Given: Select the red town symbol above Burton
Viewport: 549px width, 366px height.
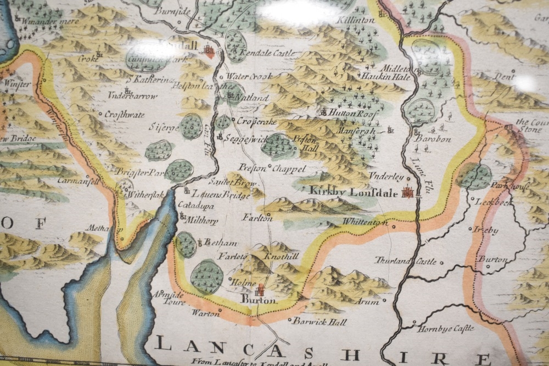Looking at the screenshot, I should click(261, 290).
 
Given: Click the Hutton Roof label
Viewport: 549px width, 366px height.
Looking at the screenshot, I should click(351, 112).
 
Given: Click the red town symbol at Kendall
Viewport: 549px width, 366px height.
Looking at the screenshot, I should click(209, 52).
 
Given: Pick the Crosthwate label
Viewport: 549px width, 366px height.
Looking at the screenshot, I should click(126, 115).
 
